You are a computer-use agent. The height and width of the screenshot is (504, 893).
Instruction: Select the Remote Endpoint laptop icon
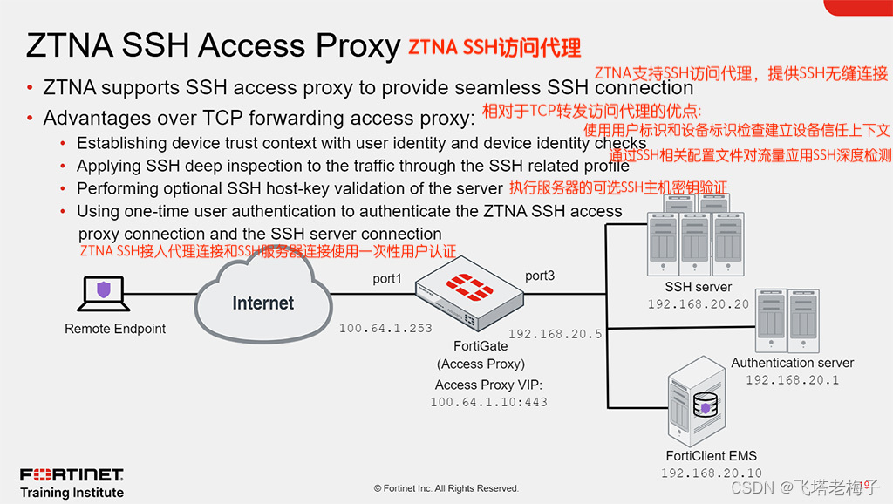(x=103, y=295)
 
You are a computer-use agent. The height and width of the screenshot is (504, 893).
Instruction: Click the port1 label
(x=387, y=279)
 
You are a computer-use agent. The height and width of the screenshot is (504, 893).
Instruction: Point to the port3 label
(x=540, y=276)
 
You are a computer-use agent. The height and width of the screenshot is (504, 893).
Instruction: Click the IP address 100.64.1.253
(x=385, y=328)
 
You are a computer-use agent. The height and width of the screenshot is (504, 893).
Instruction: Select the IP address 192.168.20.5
(x=556, y=334)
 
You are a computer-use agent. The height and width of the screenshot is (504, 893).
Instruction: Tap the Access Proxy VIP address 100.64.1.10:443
(x=488, y=402)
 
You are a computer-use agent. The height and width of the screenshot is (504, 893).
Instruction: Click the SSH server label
(x=698, y=287)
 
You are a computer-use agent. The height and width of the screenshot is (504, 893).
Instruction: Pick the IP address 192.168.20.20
(x=698, y=304)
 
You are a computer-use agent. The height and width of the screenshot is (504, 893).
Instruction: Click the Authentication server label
(x=792, y=363)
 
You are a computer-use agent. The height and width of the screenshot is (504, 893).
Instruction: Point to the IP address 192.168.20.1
(x=792, y=380)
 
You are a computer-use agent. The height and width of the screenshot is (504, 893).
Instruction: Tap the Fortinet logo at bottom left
(x=72, y=475)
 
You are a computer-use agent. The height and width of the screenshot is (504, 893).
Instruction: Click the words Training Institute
(x=72, y=493)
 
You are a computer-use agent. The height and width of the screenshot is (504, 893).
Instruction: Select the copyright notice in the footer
(x=446, y=488)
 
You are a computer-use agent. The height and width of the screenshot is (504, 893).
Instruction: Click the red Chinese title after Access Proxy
(x=494, y=47)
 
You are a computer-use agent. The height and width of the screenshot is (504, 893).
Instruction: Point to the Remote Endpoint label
(x=115, y=329)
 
